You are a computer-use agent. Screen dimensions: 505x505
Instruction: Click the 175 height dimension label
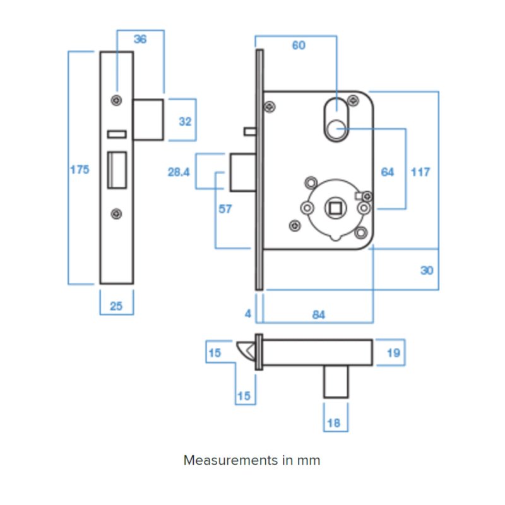point(80,169)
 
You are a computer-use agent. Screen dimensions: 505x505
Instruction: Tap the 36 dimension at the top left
point(140,39)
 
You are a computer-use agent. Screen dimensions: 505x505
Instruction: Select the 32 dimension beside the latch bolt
point(185,121)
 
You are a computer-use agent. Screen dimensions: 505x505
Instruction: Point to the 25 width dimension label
point(116,306)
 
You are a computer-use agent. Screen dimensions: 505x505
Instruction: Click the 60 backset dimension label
point(299,45)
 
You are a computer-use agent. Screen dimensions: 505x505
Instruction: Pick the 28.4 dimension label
point(179,172)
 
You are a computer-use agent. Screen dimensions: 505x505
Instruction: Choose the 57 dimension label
point(225,209)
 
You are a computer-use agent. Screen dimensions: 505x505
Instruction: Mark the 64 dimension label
point(388,172)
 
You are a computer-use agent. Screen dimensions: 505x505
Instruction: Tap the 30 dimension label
point(427,270)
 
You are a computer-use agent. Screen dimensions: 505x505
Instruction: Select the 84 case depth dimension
point(319,314)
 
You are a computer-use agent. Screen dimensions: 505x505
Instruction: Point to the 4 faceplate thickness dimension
point(248,314)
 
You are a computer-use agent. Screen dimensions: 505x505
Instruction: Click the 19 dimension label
point(393,353)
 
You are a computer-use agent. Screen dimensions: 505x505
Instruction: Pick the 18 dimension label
point(334,423)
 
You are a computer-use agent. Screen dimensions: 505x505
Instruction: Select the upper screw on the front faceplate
point(116,100)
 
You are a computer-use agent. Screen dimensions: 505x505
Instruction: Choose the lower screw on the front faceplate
point(116,214)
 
